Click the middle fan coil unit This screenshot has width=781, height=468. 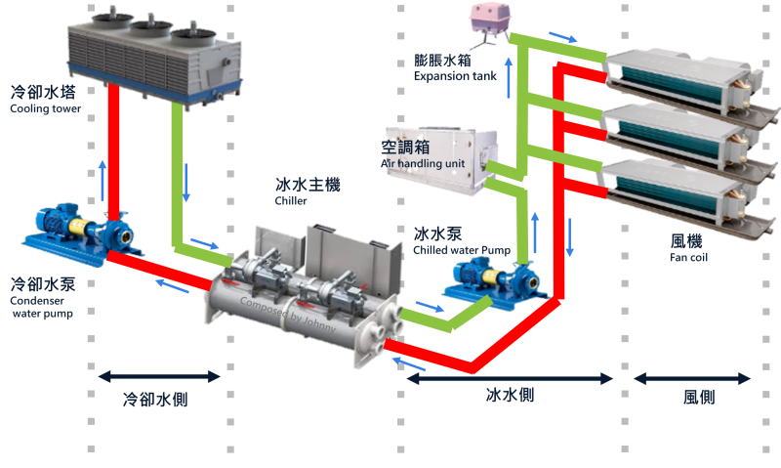pos(678,132)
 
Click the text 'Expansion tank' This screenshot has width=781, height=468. pos(455,76)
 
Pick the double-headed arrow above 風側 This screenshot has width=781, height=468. pos(691,377)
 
